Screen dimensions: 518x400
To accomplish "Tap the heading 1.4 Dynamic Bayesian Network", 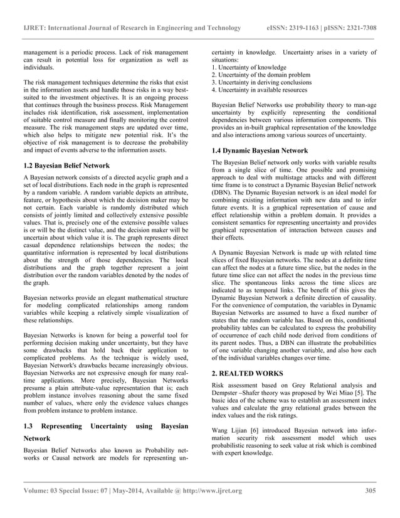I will pos(260,151).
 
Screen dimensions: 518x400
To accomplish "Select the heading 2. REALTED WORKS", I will pos(247,373).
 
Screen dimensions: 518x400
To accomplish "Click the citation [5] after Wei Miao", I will pos(357,391).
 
